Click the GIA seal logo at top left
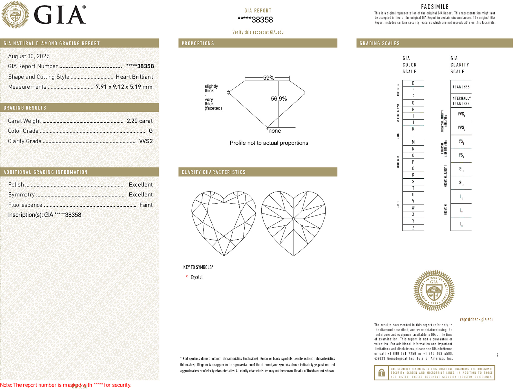point(15,14)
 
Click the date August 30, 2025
point(29,56)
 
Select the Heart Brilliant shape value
point(134,77)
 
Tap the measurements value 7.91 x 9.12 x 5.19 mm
point(124,87)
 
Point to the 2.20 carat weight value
point(139,121)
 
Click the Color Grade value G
point(150,131)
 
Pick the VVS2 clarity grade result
point(146,141)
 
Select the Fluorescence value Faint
point(146,205)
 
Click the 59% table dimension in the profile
point(268,78)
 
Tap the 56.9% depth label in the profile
point(279,99)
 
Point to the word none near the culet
point(274,131)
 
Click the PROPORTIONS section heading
point(198,43)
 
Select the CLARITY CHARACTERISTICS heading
point(213,172)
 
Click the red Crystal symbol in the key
point(187,276)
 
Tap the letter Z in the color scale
point(413,228)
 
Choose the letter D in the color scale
point(413,83)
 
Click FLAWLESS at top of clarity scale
point(461,87)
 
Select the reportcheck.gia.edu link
point(476,319)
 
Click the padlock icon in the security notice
point(381,373)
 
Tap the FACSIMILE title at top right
point(435,7)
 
